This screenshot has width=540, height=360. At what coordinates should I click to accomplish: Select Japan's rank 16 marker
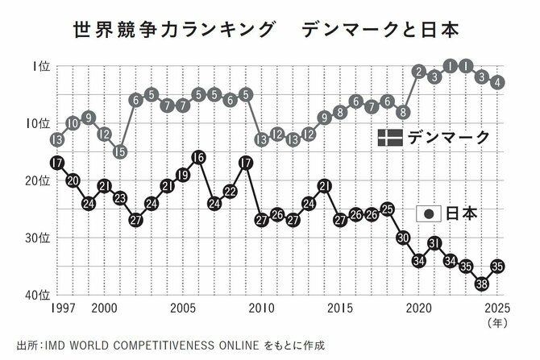pos(198,157)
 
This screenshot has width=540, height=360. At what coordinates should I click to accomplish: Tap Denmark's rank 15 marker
pos(119,151)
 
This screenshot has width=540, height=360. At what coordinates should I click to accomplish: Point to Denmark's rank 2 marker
pos(419,71)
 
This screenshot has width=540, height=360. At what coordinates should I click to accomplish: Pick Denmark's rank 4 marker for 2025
pos(498,82)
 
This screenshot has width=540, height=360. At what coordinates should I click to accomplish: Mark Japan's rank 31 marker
pos(435,242)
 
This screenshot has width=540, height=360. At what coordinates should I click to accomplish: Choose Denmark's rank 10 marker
pos(73,123)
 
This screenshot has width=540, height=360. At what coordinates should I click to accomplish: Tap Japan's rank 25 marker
pos(388,209)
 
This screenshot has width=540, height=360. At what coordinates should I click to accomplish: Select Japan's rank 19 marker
pos(183,175)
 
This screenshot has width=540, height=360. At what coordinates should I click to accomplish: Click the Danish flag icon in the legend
pos(390,138)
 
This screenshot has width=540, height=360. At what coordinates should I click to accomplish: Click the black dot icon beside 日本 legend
pos(429,213)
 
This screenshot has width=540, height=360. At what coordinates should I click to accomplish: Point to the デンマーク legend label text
pos(449,138)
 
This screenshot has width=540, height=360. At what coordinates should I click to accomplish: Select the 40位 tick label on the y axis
pos(35,294)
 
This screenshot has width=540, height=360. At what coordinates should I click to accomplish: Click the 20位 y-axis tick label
pos(35,181)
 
